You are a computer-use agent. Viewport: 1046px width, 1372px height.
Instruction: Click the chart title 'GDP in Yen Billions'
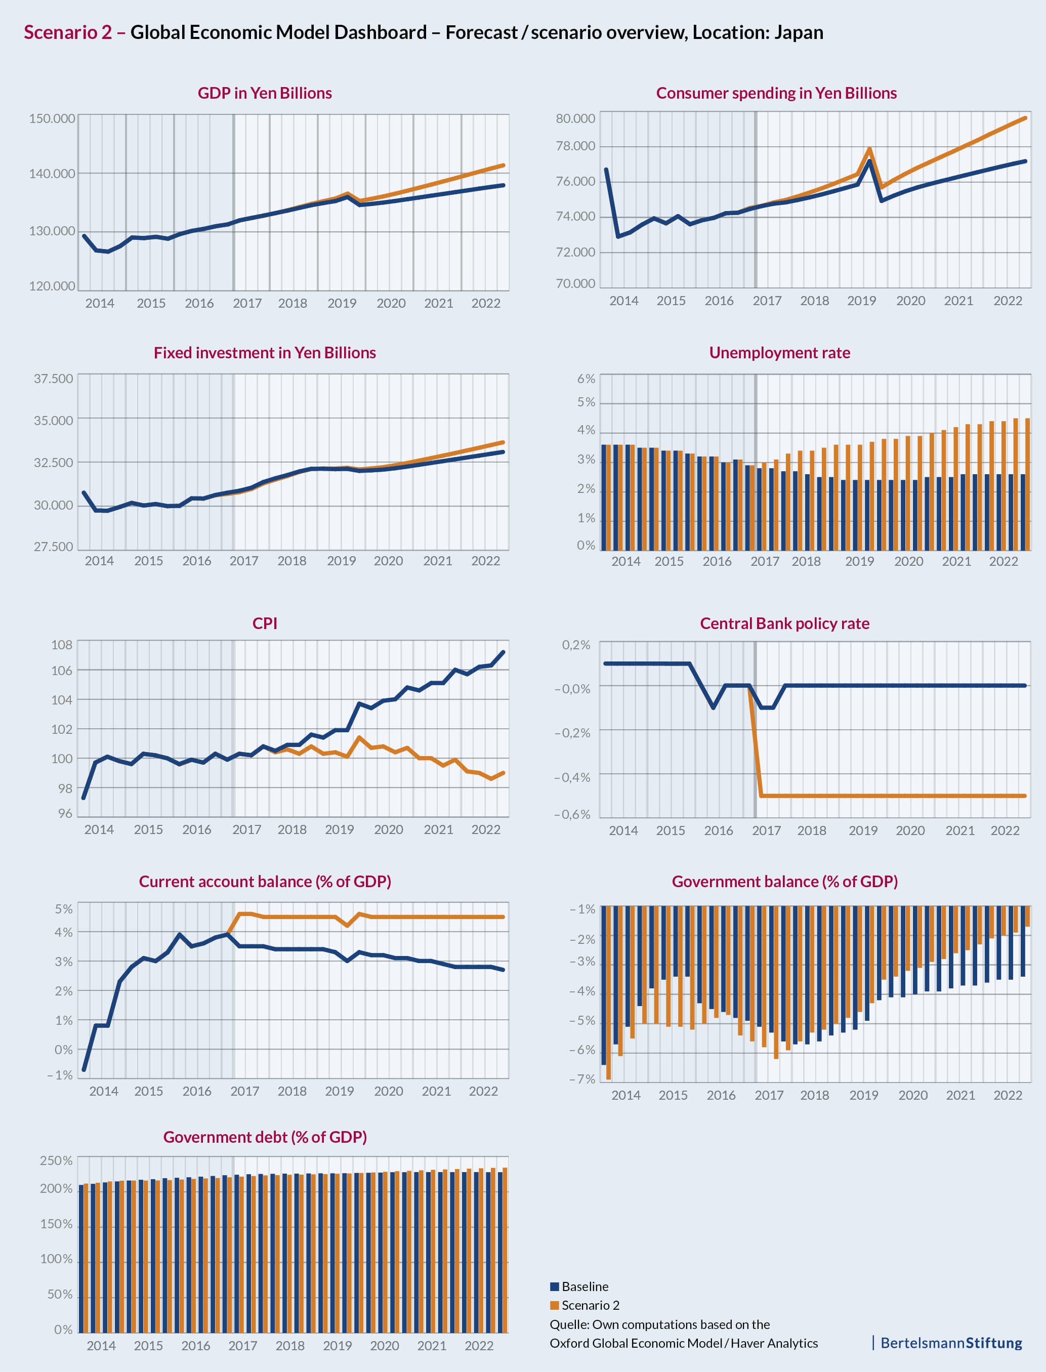click(265, 94)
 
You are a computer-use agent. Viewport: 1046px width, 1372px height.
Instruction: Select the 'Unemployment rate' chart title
click(779, 353)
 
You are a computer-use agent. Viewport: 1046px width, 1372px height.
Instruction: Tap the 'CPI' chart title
click(265, 623)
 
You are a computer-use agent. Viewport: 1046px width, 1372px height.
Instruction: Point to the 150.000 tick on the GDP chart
click(52, 118)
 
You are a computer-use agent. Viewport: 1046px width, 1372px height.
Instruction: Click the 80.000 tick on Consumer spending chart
click(575, 118)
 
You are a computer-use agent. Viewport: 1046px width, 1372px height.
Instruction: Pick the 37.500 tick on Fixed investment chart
click(53, 379)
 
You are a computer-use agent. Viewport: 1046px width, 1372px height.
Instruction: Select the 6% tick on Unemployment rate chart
click(586, 379)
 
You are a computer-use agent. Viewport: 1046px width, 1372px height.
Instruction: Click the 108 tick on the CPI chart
click(62, 645)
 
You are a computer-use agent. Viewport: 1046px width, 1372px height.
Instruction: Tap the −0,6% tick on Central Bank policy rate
click(572, 815)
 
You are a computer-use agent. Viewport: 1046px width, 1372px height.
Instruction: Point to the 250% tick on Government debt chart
click(56, 1160)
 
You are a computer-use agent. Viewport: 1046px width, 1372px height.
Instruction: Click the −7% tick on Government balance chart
click(582, 1079)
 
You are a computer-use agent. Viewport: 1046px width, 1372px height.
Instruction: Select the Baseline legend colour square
click(554, 1286)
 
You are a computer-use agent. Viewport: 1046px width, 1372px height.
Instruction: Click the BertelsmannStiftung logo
click(951, 1343)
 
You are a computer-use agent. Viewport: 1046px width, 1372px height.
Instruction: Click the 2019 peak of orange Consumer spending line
click(869, 149)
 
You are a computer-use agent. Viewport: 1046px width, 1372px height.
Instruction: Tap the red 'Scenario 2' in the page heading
click(68, 32)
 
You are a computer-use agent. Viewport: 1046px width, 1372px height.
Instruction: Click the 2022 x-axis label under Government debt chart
click(479, 1345)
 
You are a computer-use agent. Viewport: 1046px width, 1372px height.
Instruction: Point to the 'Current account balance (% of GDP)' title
click(265, 882)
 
